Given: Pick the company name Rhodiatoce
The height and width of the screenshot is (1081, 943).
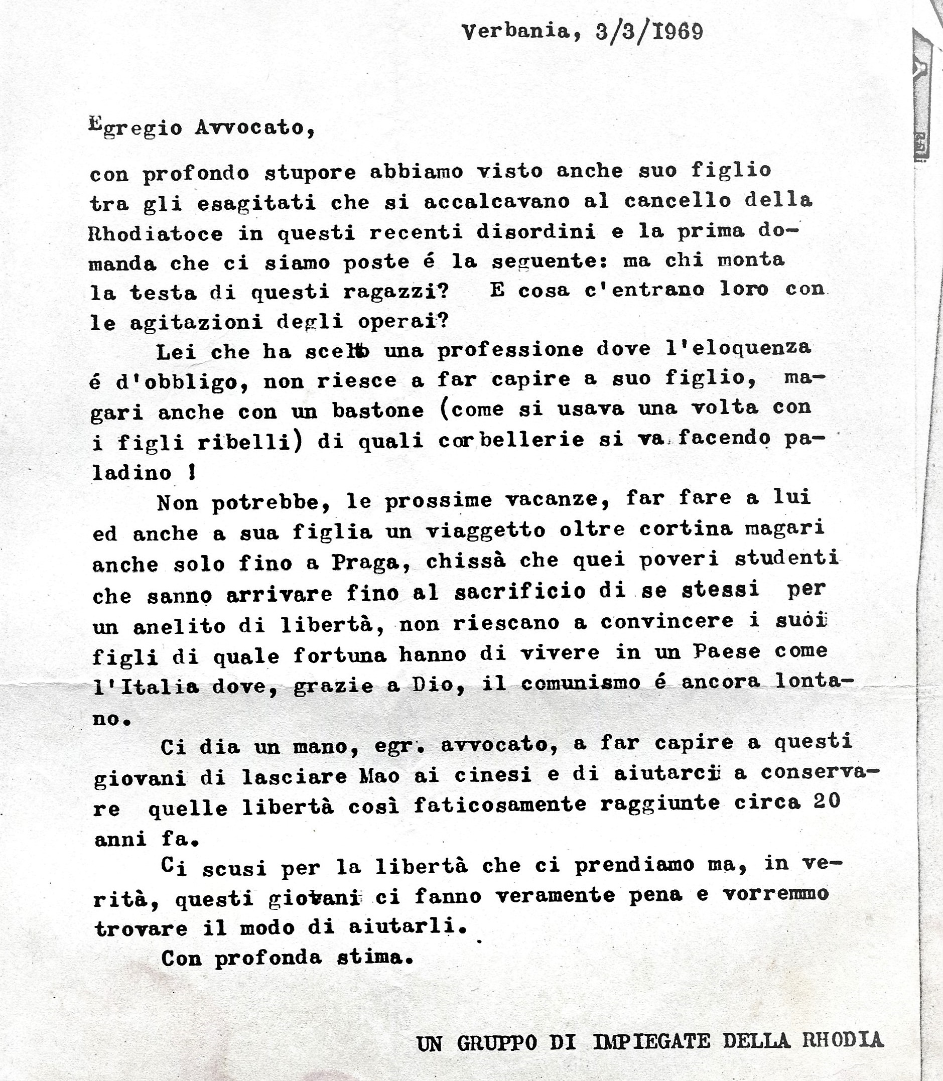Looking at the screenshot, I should [x=156, y=233].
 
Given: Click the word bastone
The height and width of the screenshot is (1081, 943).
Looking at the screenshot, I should [x=378, y=410].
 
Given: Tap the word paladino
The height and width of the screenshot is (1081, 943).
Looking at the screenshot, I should [x=132, y=472].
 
